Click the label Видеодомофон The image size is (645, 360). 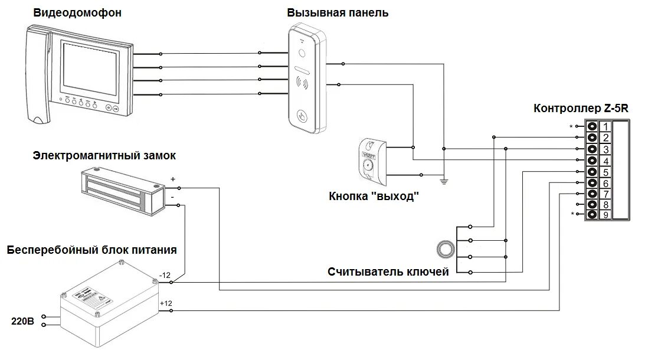(77, 12)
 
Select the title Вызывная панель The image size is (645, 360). (338, 12)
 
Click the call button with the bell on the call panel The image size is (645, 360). (303, 116)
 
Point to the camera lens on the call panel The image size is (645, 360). (303, 53)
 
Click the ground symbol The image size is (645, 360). (444, 179)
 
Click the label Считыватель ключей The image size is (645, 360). (388, 272)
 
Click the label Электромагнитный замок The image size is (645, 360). (104, 155)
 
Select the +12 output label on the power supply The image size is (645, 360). (165, 303)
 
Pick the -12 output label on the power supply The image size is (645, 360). (165, 276)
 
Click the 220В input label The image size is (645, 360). (23, 322)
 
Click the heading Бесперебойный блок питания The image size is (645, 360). (91, 250)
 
